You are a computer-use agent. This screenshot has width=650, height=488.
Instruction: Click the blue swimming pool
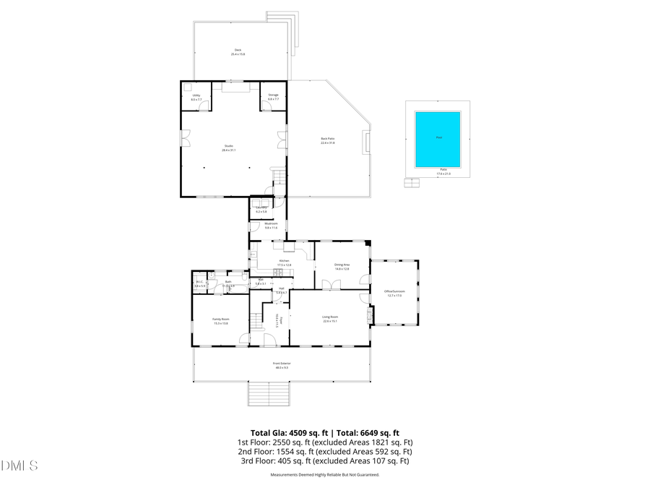(x=438, y=139)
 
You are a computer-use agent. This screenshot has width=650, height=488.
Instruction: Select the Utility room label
(x=196, y=97)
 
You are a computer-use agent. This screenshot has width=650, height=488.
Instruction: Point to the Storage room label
(x=273, y=97)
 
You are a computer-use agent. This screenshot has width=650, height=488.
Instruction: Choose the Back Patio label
(x=328, y=140)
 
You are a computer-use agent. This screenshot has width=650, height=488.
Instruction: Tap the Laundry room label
(x=261, y=209)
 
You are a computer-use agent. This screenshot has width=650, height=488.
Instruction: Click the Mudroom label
(x=271, y=226)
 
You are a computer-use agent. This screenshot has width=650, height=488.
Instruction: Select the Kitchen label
(x=284, y=262)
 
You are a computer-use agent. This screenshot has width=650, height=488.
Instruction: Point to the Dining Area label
(x=342, y=267)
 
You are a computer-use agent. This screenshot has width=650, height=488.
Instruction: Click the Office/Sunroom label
(x=395, y=293)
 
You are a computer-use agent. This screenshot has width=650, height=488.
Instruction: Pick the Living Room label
(x=329, y=318)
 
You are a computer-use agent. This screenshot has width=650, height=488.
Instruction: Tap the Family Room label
(x=220, y=321)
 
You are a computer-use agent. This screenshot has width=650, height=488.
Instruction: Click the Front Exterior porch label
(x=281, y=365)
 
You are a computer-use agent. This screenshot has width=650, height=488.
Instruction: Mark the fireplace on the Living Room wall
(x=371, y=316)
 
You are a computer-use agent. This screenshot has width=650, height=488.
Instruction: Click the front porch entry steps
(x=269, y=393)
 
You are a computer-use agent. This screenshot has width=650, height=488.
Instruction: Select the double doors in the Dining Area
(x=331, y=284)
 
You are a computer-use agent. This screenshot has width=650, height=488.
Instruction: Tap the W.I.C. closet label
(x=200, y=283)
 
